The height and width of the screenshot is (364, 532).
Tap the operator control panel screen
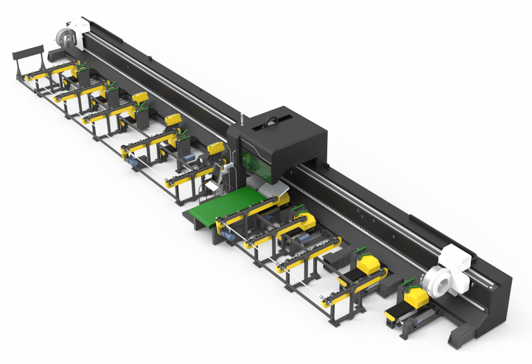tap(217, 171)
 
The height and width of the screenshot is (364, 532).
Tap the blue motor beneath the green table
tap(227, 235)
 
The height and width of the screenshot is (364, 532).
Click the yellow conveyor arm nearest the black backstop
tap(52, 73)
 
